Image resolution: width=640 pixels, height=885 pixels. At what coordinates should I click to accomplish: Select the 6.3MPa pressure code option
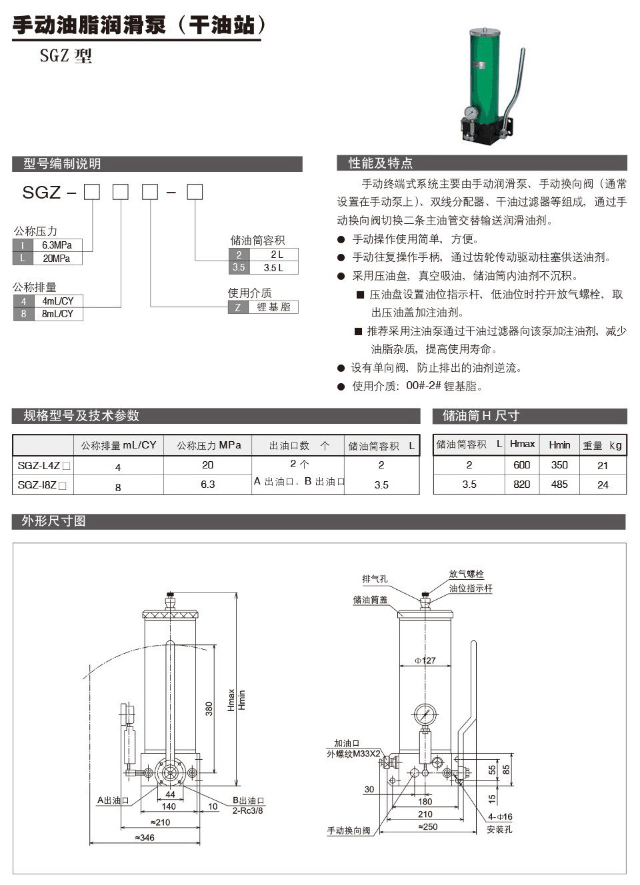click(57, 245)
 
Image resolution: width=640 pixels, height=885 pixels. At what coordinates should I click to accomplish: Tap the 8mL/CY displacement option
click(57, 313)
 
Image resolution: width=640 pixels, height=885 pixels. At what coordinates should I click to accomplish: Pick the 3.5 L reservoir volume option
click(273, 267)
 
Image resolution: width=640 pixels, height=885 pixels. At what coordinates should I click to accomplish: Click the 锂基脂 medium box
click(273, 307)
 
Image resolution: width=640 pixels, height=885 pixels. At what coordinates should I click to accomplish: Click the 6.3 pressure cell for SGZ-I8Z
click(207, 484)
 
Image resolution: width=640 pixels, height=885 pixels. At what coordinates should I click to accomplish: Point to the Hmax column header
click(522, 444)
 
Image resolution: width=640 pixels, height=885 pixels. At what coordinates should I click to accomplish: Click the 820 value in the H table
click(522, 484)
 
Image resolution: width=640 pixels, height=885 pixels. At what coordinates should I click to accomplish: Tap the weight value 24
click(603, 484)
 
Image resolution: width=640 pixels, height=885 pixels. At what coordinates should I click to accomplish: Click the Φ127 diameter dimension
click(425, 660)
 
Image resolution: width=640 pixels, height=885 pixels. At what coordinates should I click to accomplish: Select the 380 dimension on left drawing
click(209, 708)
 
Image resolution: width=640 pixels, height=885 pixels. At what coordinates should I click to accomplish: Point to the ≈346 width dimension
click(144, 838)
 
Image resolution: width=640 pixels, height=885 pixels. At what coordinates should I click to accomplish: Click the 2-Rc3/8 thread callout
click(247, 810)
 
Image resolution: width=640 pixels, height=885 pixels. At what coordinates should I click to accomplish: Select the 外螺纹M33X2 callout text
click(353, 754)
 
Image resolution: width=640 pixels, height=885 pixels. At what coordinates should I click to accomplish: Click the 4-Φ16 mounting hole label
click(499, 817)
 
